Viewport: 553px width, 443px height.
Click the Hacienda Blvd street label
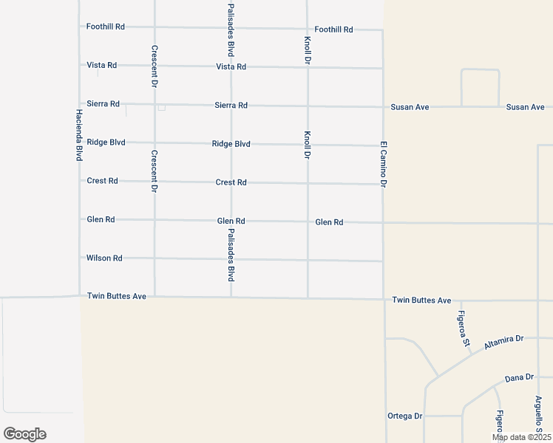coord(78,135)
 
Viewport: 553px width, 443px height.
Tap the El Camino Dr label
coord(384,163)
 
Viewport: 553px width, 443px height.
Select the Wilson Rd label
coord(104,258)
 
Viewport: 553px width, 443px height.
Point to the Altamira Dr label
coord(503,343)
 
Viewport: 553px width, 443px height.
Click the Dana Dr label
coord(519,378)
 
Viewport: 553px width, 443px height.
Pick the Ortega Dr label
coord(404,416)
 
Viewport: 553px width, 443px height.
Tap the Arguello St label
coord(539,413)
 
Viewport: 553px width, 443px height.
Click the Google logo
coord(24,434)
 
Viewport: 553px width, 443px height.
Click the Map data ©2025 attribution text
coord(520,437)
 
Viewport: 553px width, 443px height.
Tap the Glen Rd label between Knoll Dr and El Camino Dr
coord(329,222)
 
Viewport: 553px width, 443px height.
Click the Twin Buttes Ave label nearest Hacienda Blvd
coord(117,296)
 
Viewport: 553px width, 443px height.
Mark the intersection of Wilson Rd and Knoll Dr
coord(308,260)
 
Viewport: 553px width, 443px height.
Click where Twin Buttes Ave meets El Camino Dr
coord(384,300)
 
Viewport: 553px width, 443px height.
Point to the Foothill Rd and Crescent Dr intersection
coord(155,27)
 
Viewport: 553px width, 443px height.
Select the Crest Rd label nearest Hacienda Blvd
coord(102,181)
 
